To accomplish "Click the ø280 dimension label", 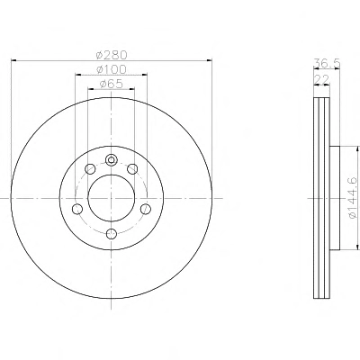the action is point(112,55).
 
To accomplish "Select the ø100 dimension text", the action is point(112,69).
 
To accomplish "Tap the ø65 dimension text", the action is point(111,84).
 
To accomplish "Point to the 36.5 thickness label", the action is point(327,63).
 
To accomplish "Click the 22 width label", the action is point(321,79).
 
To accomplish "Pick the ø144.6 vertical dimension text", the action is point(353,198).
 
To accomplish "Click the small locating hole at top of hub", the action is point(111,160).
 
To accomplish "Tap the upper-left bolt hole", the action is point(90,169).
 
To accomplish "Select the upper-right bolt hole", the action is point(132,169).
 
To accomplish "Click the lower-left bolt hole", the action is point(77,209).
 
